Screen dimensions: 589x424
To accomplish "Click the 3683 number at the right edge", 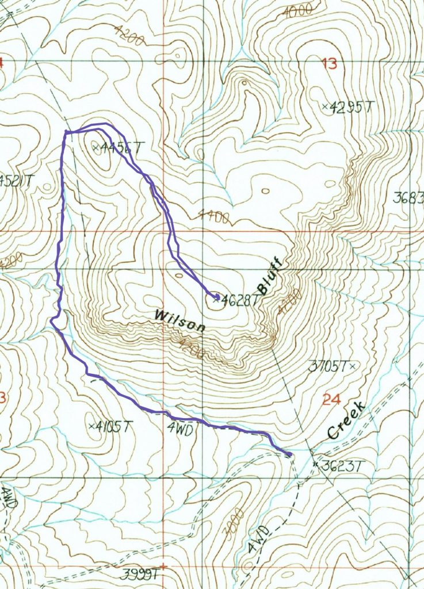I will pyautogui.click(x=408, y=198).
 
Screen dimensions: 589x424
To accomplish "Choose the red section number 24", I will pyautogui.click(x=328, y=399).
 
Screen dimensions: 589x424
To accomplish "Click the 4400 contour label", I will pyautogui.click(x=214, y=217).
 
